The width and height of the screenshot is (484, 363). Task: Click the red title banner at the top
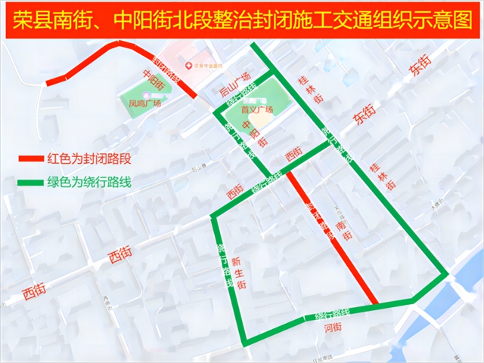(x=241, y=19)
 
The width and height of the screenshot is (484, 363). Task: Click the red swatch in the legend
(x=30, y=159)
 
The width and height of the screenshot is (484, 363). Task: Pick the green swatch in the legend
(x=30, y=183)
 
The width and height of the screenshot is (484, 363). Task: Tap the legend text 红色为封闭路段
(x=89, y=159)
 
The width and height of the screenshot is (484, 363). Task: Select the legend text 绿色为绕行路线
(x=89, y=183)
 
